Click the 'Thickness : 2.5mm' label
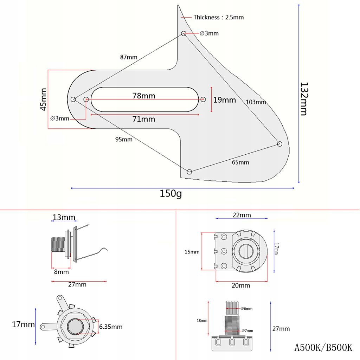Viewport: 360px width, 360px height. [218, 17]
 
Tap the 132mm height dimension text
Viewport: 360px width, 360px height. [303, 99]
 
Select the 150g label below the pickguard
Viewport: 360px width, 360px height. [171, 194]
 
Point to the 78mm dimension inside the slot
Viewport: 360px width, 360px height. [144, 95]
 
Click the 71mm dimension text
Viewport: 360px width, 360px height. [144, 119]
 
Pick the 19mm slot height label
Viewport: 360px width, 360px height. [225, 100]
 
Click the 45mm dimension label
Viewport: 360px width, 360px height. [43, 99]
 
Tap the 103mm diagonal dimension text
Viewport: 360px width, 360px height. [256, 102]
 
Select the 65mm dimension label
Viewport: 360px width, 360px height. [240, 162]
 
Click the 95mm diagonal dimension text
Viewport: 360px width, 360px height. [124, 139]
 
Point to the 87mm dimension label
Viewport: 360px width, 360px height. [129, 57]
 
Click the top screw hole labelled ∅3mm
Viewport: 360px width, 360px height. [184, 33]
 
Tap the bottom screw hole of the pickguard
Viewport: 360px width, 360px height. [189, 172]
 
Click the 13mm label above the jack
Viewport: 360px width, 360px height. [64, 217]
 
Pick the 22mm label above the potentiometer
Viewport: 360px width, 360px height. [242, 215]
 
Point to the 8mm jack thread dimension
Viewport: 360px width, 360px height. [62, 272]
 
